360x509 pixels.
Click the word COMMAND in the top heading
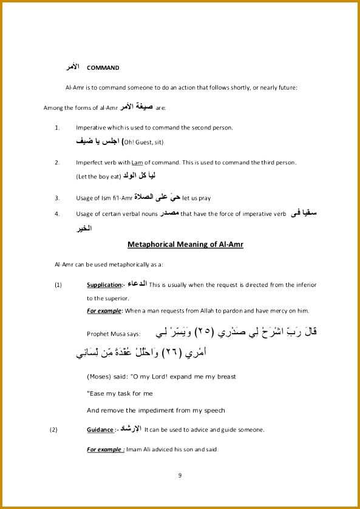(x=103, y=68)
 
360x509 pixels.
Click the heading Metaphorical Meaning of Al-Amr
(x=185, y=244)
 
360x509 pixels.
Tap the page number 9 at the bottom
(x=180, y=474)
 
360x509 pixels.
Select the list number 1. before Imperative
(x=57, y=128)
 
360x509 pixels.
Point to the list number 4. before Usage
(x=57, y=214)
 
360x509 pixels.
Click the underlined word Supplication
(x=104, y=285)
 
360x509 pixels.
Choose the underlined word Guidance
(x=100, y=430)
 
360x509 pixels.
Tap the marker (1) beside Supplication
(x=58, y=285)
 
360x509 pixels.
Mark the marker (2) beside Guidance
(x=53, y=430)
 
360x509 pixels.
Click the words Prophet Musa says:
(x=114, y=333)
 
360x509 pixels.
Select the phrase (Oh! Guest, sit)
(x=143, y=143)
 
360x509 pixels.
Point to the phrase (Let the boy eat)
(x=98, y=177)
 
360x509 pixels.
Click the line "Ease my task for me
(x=120, y=393)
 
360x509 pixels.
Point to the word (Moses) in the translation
(x=100, y=376)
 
